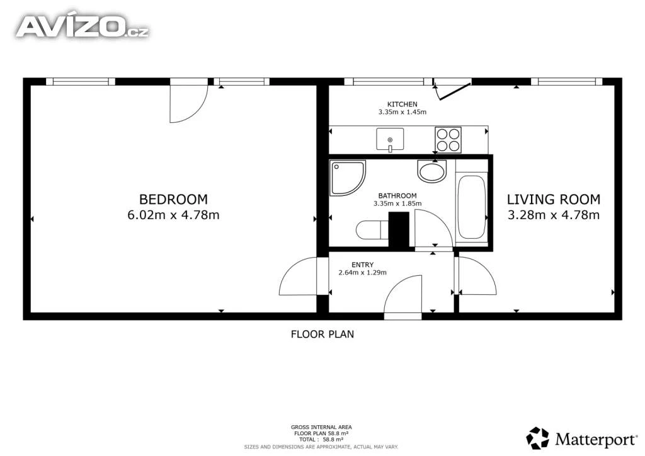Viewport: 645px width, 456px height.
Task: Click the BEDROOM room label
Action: click(173, 200)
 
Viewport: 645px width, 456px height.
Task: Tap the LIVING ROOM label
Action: click(553, 200)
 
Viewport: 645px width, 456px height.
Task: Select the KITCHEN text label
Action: click(402, 105)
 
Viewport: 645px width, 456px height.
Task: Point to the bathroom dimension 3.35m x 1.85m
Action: click(397, 203)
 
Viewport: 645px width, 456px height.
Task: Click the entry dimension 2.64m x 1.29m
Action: click(362, 272)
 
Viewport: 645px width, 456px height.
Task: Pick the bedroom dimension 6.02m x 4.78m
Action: click(173, 215)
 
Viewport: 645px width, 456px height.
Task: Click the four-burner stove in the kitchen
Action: click(448, 140)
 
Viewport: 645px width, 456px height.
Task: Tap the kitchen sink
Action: click(390, 140)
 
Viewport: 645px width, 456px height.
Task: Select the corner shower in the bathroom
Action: click(347, 178)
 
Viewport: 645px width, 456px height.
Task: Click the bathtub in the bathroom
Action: click(471, 207)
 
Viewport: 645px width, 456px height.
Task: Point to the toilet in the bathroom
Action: click(372, 230)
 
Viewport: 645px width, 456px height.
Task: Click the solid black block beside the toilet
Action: click(399, 230)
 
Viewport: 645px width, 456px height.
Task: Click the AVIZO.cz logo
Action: click(83, 26)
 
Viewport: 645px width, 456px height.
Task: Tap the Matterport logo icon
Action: click(538, 438)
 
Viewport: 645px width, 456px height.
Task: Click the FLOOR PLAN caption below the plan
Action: click(322, 334)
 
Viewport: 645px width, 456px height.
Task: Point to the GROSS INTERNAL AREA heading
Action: click(321, 427)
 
